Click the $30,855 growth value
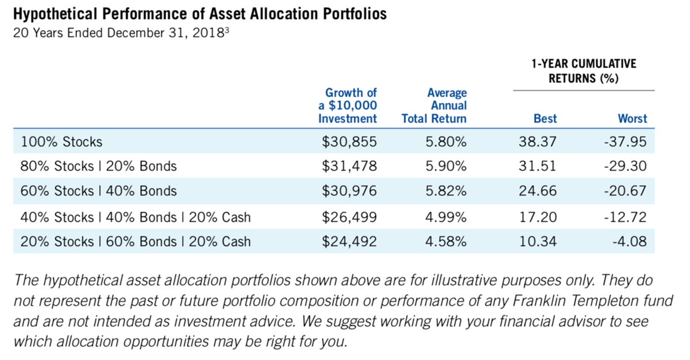tap(350, 141)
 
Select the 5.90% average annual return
tap(446, 167)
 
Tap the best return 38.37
tap(538, 141)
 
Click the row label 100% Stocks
tap(62, 142)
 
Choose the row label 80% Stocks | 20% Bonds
tap(98, 167)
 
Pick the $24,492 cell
tap(350, 242)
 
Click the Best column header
tap(545, 119)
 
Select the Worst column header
tap(632, 119)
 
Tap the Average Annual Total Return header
tap(435, 106)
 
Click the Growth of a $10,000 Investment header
tap(348, 106)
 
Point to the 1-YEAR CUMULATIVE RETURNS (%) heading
tap(584, 71)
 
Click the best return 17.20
tap(538, 217)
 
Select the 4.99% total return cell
tap(446, 217)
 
